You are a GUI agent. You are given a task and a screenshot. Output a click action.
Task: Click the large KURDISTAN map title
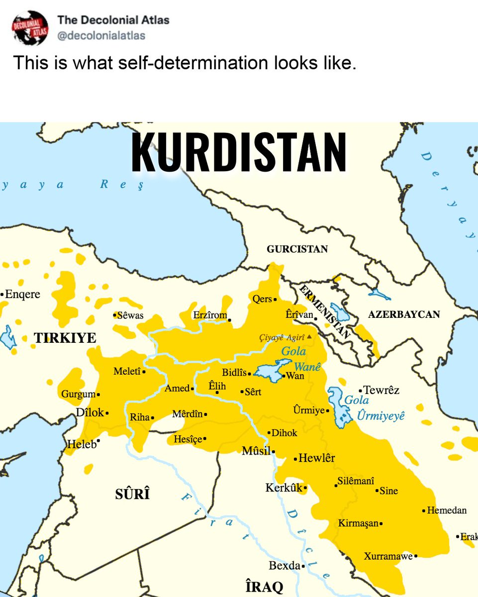coord(239,152)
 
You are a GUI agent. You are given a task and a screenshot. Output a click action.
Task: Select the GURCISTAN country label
coord(297,249)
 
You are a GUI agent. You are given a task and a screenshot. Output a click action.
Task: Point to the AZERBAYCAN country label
coord(404,314)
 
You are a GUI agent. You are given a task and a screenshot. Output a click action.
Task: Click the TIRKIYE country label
coord(65,338)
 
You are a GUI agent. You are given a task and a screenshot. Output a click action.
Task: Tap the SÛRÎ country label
coord(132,495)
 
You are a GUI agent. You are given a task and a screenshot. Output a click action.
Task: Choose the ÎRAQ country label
coord(264,586)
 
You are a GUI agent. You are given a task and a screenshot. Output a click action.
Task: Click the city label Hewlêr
coord(317,458)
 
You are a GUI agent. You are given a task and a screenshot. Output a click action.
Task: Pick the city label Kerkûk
coord(284,488)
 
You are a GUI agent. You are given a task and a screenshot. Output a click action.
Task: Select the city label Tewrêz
coord(382,390)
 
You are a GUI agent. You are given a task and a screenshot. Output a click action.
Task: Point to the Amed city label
coord(177,389)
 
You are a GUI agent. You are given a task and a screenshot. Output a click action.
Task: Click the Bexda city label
coord(285,566)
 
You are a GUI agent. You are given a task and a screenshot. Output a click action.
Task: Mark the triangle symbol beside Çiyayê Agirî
coord(309,337)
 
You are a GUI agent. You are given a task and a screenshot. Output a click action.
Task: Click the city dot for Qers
coord(275,299)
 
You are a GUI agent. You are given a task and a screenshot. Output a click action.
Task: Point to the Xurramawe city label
coord(388,556)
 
